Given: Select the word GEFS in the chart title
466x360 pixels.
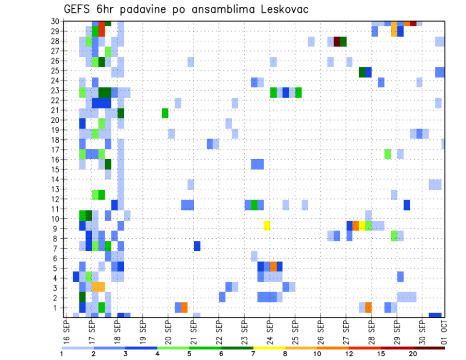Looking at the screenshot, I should [80, 9].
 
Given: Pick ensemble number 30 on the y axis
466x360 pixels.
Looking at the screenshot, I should [56, 21].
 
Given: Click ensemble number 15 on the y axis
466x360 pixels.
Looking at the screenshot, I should [56, 169].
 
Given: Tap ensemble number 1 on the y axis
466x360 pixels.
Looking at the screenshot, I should [57, 307].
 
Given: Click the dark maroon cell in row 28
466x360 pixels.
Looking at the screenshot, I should [337, 41].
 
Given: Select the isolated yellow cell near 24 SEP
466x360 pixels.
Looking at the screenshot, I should [267, 226].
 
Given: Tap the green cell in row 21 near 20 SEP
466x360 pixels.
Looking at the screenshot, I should [165, 113].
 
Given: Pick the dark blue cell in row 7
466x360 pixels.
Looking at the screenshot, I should [197, 246].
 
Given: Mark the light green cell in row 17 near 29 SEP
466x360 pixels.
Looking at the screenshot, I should [387, 154].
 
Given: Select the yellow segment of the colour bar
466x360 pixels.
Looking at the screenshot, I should [269, 347].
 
